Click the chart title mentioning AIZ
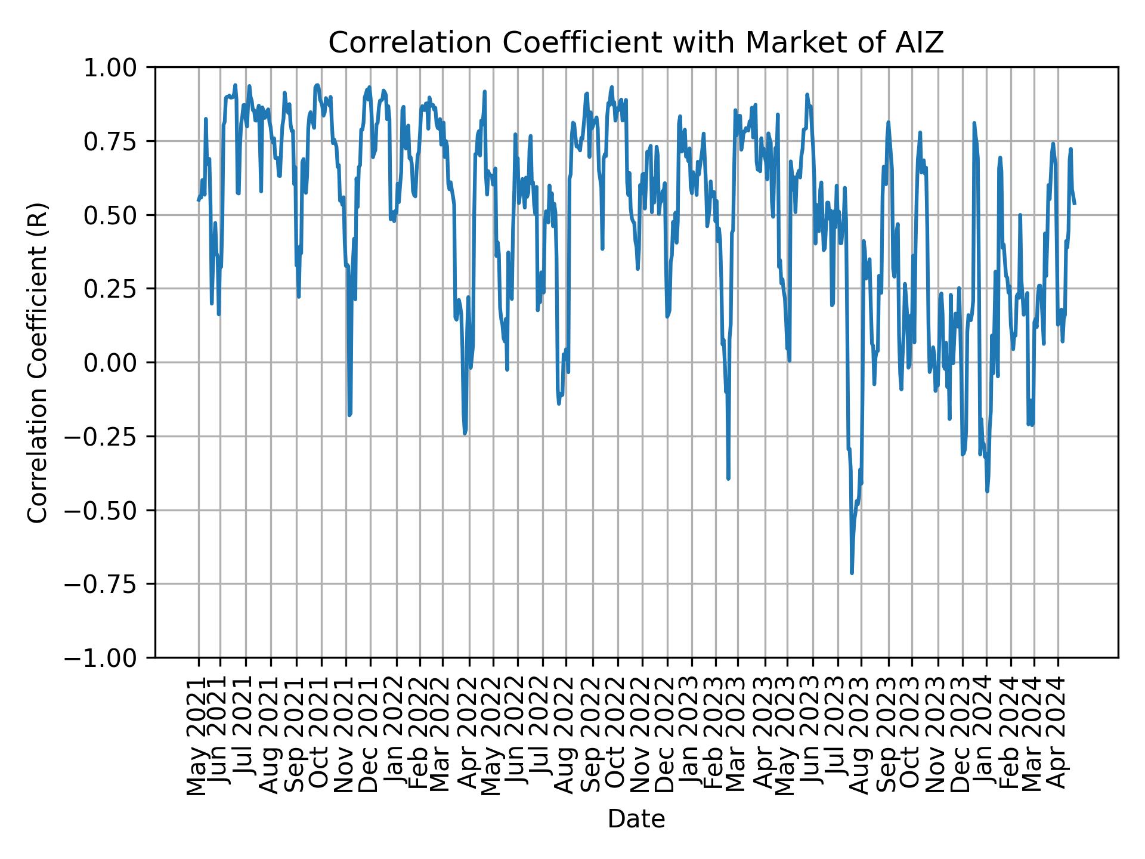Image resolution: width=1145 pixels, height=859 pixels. point(636,43)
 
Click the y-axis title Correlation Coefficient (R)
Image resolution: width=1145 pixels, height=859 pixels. point(38,362)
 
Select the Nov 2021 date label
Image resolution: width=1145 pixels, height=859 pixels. point(344,737)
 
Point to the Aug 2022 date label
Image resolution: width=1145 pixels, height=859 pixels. point(564,737)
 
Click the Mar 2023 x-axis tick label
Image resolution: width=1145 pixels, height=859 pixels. point(736,737)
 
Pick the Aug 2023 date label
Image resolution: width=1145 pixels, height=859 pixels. point(860,737)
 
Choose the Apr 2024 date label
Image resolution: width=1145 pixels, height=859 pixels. point(1057,737)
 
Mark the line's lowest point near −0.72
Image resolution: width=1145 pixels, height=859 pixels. point(852,573)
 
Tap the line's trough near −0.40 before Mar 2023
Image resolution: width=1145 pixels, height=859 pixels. point(728,478)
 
